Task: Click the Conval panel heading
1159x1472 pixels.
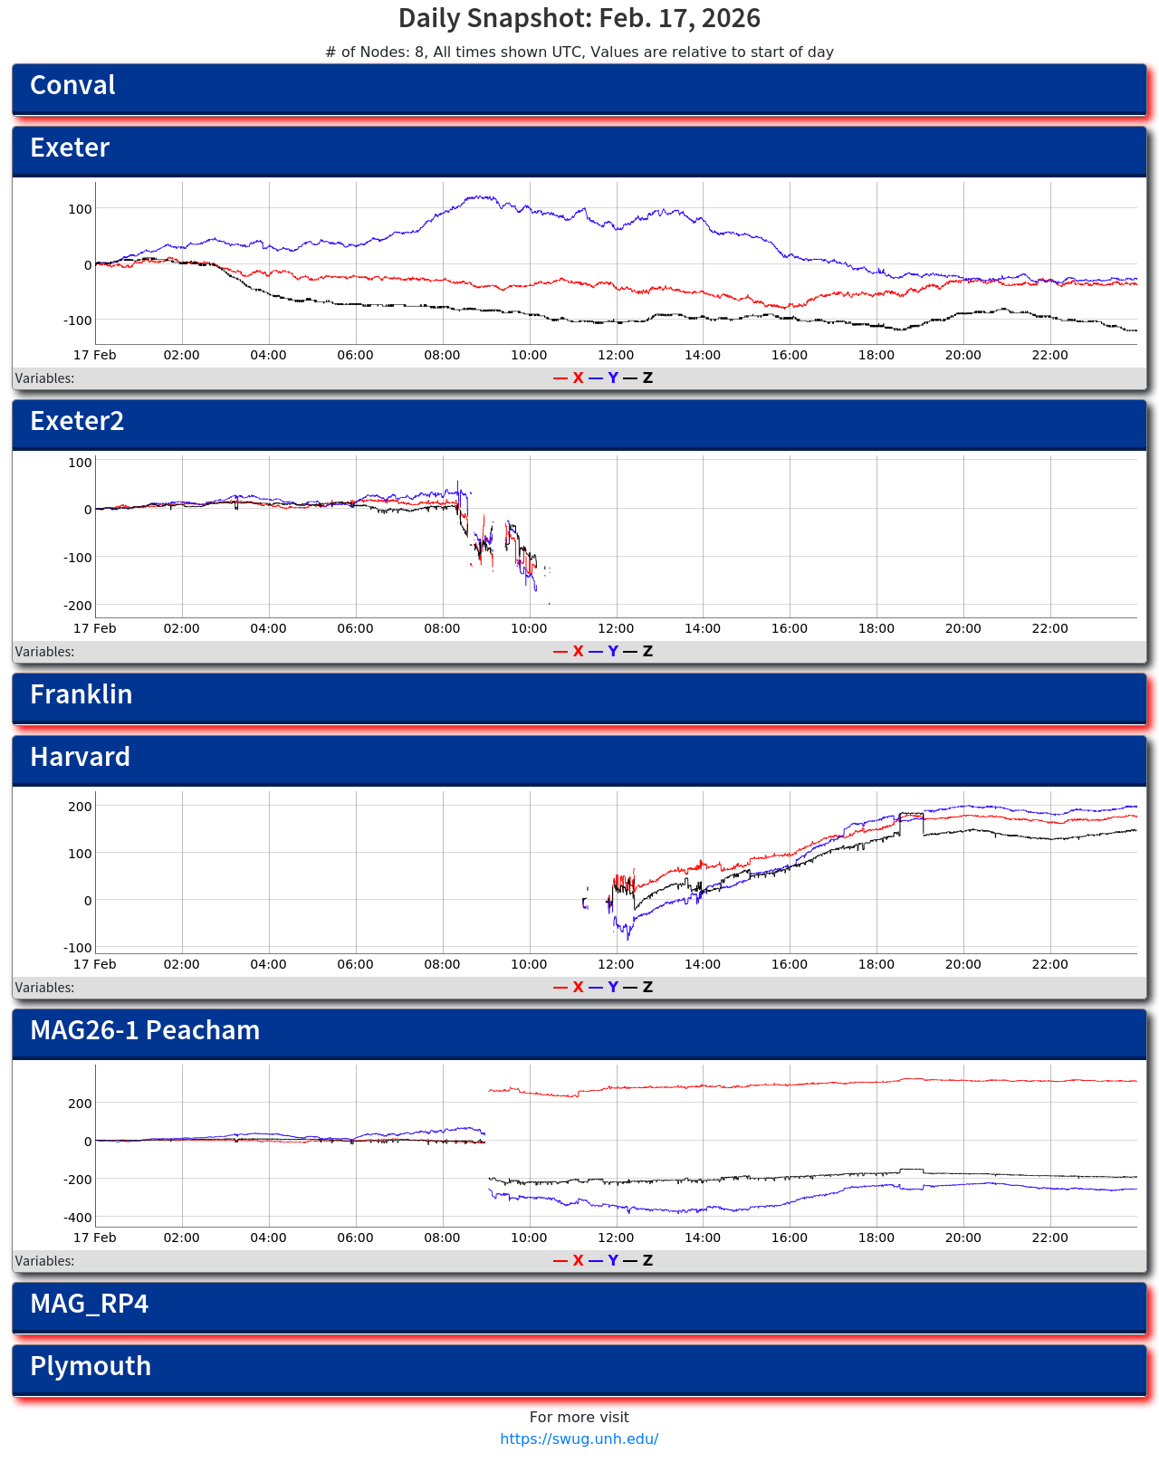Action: click(x=72, y=86)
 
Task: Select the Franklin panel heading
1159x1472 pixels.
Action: click(x=81, y=695)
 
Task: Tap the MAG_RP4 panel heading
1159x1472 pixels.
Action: click(x=89, y=1305)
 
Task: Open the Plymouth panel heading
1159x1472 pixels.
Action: click(x=91, y=1367)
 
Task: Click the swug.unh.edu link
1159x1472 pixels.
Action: click(x=579, y=1439)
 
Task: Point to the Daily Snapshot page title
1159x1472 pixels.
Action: click(x=579, y=19)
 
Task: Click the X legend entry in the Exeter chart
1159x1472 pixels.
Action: click(x=577, y=378)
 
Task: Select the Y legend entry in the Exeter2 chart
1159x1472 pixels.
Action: click(x=612, y=652)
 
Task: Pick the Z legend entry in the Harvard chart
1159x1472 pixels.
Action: click(x=647, y=988)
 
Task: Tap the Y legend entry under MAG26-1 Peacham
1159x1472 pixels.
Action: click(x=612, y=1261)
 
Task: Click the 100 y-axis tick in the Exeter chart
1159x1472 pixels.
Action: click(x=81, y=209)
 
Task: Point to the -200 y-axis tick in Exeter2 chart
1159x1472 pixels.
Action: click(x=78, y=606)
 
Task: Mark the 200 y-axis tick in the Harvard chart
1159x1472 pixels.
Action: click(x=81, y=807)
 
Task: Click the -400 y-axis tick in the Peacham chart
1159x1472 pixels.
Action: click(x=78, y=1219)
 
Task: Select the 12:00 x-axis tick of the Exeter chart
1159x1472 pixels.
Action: click(x=616, y=356)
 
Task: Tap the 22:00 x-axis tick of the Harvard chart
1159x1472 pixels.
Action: click(x=1049, y=965)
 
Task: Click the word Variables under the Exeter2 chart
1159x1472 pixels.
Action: click(x=44, y=652)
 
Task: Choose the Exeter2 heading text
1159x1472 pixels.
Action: click(x=77, y=422)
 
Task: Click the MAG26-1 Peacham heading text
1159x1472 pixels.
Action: click(x=145, y=1031)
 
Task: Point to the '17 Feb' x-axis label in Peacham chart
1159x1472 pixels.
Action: click(x=95, y=1238)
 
